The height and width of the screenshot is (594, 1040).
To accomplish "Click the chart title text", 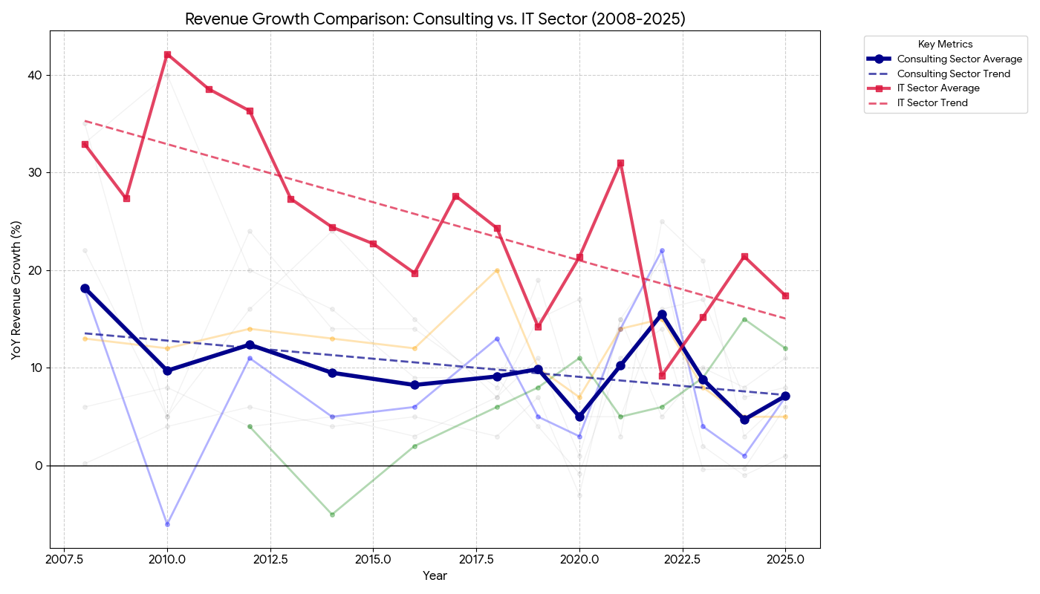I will [435, 19].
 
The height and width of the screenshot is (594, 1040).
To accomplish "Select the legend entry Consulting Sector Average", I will [959, 59].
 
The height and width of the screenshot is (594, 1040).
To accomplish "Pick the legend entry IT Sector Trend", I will [932, 103].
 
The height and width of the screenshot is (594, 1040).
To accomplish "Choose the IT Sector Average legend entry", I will [938, 88].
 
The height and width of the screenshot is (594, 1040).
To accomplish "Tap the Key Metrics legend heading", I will [945, 45].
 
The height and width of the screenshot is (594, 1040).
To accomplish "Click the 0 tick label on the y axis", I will [41, 466].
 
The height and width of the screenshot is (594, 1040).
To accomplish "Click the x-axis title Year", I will [435, 576].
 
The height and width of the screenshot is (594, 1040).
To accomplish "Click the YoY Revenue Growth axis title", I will [16, 290].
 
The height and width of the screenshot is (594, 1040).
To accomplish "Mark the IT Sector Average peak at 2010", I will [167, 54].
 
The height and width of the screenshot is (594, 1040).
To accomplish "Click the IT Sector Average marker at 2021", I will [620, 163].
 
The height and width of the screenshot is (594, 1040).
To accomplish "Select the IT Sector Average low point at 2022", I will [662, 376].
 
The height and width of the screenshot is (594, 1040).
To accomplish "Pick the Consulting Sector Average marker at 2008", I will [85, 288].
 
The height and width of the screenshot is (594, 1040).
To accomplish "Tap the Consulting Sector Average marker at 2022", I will [662, 315].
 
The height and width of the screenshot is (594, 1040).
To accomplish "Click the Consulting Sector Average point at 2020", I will [579, 417].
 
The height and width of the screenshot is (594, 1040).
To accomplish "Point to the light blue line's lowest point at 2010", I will [167, 524].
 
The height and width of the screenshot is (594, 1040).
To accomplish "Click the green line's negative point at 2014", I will [332, 515].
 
